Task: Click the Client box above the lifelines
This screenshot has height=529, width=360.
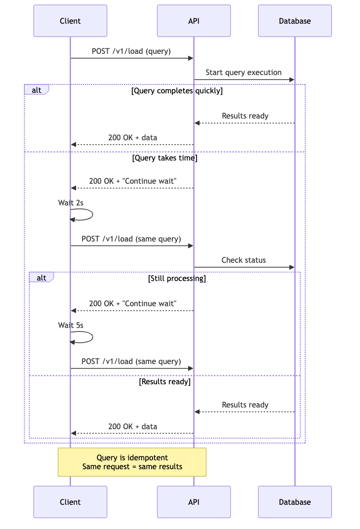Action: tap(70, 21)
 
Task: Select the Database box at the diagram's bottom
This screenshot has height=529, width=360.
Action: tap(295, 502)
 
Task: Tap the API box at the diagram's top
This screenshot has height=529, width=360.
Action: tap(194, 21)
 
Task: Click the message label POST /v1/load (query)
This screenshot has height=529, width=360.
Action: tap(131, 51)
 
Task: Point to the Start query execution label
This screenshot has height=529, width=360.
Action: tap(243, 73)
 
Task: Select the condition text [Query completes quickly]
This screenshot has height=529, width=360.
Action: tap(177, 91)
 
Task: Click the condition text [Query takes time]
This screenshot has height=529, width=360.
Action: tap(165, 158)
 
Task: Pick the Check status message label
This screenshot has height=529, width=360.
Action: tap(243, 260)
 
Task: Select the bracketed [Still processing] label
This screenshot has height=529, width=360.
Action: tap(177, 279)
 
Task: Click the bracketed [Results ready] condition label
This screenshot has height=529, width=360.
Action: tap(165, 382)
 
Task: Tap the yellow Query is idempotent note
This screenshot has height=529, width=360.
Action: tap(132, 462)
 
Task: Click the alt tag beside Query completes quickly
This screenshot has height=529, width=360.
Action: tap(37, 90)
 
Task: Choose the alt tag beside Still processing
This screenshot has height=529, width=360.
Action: tap(41, 278)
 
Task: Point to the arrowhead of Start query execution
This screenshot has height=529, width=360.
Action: tap(292, 80)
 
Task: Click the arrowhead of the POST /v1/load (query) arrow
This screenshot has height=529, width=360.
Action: tap(191, 58)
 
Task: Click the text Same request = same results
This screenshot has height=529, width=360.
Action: tap(132, 467)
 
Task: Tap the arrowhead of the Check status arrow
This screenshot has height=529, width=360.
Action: tap(292, 267)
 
